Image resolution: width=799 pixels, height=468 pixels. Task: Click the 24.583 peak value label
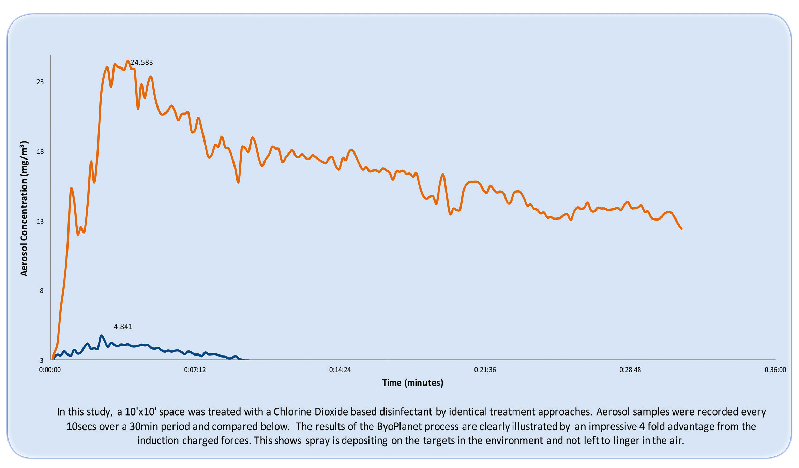point(142,63)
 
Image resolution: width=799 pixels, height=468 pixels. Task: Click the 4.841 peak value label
point(123,327)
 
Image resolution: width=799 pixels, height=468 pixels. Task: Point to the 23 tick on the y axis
point(40,82)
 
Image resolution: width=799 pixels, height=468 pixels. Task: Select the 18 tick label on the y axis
point(40,152)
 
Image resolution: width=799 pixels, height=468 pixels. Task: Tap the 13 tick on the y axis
point(40,221)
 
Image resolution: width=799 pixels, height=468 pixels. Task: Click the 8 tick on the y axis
point(42,291)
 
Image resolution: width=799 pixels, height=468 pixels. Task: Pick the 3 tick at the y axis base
point(42,360)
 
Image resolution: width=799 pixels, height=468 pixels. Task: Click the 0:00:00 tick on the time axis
point(50,370)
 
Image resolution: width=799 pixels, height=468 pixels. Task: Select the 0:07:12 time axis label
point(195,370)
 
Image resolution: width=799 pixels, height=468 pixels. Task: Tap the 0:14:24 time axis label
point(340,370)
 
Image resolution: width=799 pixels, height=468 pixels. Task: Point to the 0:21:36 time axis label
point(485,370)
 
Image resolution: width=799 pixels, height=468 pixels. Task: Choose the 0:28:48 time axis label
point(630,370)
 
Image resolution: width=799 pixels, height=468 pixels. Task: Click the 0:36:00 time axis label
point(775,370)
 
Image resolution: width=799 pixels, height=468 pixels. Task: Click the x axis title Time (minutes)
point(412,383)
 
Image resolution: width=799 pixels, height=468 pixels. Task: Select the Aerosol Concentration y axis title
point(24,209)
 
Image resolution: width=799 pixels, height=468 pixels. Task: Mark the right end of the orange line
point(681,229)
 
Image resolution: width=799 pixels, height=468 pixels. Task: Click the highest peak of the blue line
point(101,336)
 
